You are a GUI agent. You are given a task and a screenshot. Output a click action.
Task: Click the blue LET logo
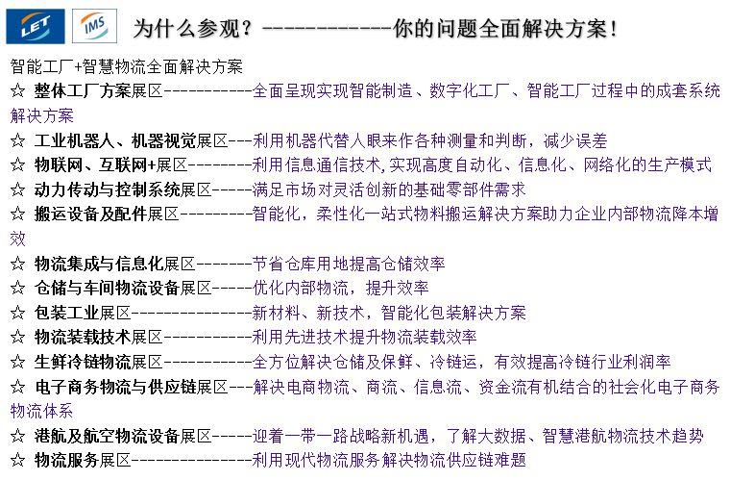point(36,28)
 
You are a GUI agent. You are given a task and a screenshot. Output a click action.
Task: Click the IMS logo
point(94,27)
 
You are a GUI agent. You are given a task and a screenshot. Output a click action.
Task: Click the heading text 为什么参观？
point(193,29)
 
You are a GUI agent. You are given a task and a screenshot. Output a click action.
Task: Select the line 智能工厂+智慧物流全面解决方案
point(126,68)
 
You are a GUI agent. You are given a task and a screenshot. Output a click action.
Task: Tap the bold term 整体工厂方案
point(83,92)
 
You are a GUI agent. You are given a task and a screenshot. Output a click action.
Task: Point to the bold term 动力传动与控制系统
point(108,189)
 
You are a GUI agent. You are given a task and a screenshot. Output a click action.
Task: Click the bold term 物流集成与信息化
point(99,263)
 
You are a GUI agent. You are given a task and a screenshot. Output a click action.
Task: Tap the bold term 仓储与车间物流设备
point(108,288)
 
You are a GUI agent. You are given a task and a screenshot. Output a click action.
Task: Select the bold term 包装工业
point(67,313)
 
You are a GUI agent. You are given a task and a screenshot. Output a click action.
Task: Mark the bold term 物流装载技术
point(83,337)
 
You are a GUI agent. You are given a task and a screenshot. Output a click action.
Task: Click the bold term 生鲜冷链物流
point(83,362)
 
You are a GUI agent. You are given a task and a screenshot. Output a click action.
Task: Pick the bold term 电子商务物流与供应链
point(115,387)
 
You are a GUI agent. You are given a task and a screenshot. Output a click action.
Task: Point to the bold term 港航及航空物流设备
point(108,436)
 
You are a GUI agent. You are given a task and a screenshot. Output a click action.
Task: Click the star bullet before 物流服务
point(16,460)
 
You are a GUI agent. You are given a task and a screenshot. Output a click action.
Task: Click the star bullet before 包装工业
point(16,313)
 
